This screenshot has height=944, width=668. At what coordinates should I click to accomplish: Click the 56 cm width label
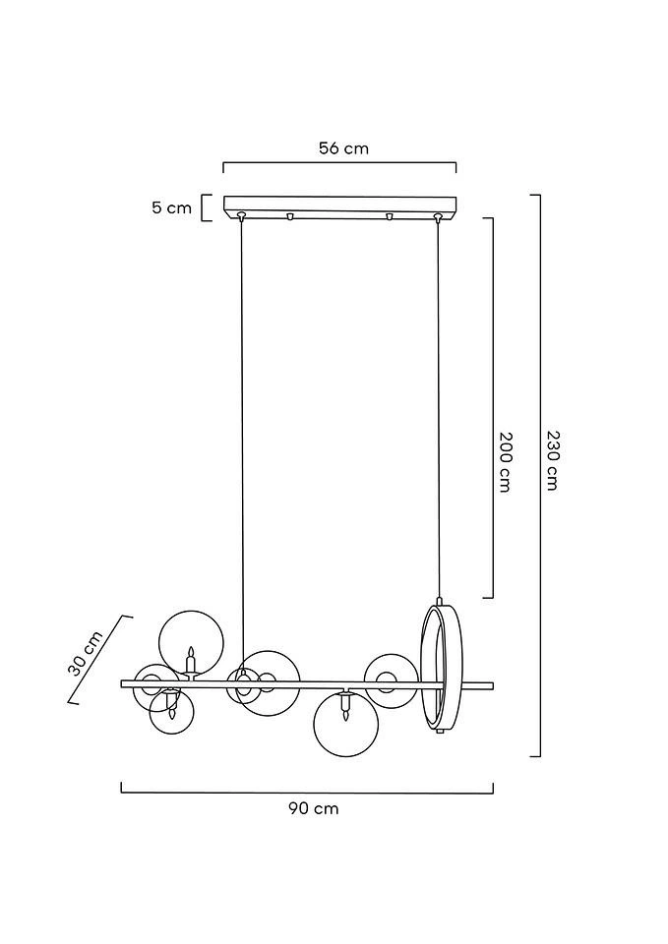[343, 148]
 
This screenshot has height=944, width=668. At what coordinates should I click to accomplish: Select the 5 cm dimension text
[171, 207]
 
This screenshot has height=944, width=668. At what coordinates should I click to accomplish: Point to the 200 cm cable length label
[506, 461]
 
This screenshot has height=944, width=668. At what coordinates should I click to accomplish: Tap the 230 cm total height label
[552, 460]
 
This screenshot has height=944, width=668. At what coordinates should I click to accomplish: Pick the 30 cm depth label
[86, 654]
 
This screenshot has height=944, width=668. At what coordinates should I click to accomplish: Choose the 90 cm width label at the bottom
[313, 808]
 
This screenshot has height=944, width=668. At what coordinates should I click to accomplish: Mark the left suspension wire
[242, 442]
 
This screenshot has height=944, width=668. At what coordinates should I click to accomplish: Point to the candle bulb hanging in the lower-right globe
[345, 706]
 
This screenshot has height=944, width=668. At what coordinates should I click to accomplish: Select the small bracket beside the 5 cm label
[206, 207]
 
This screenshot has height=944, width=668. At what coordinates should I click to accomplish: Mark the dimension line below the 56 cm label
[339, 164]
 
